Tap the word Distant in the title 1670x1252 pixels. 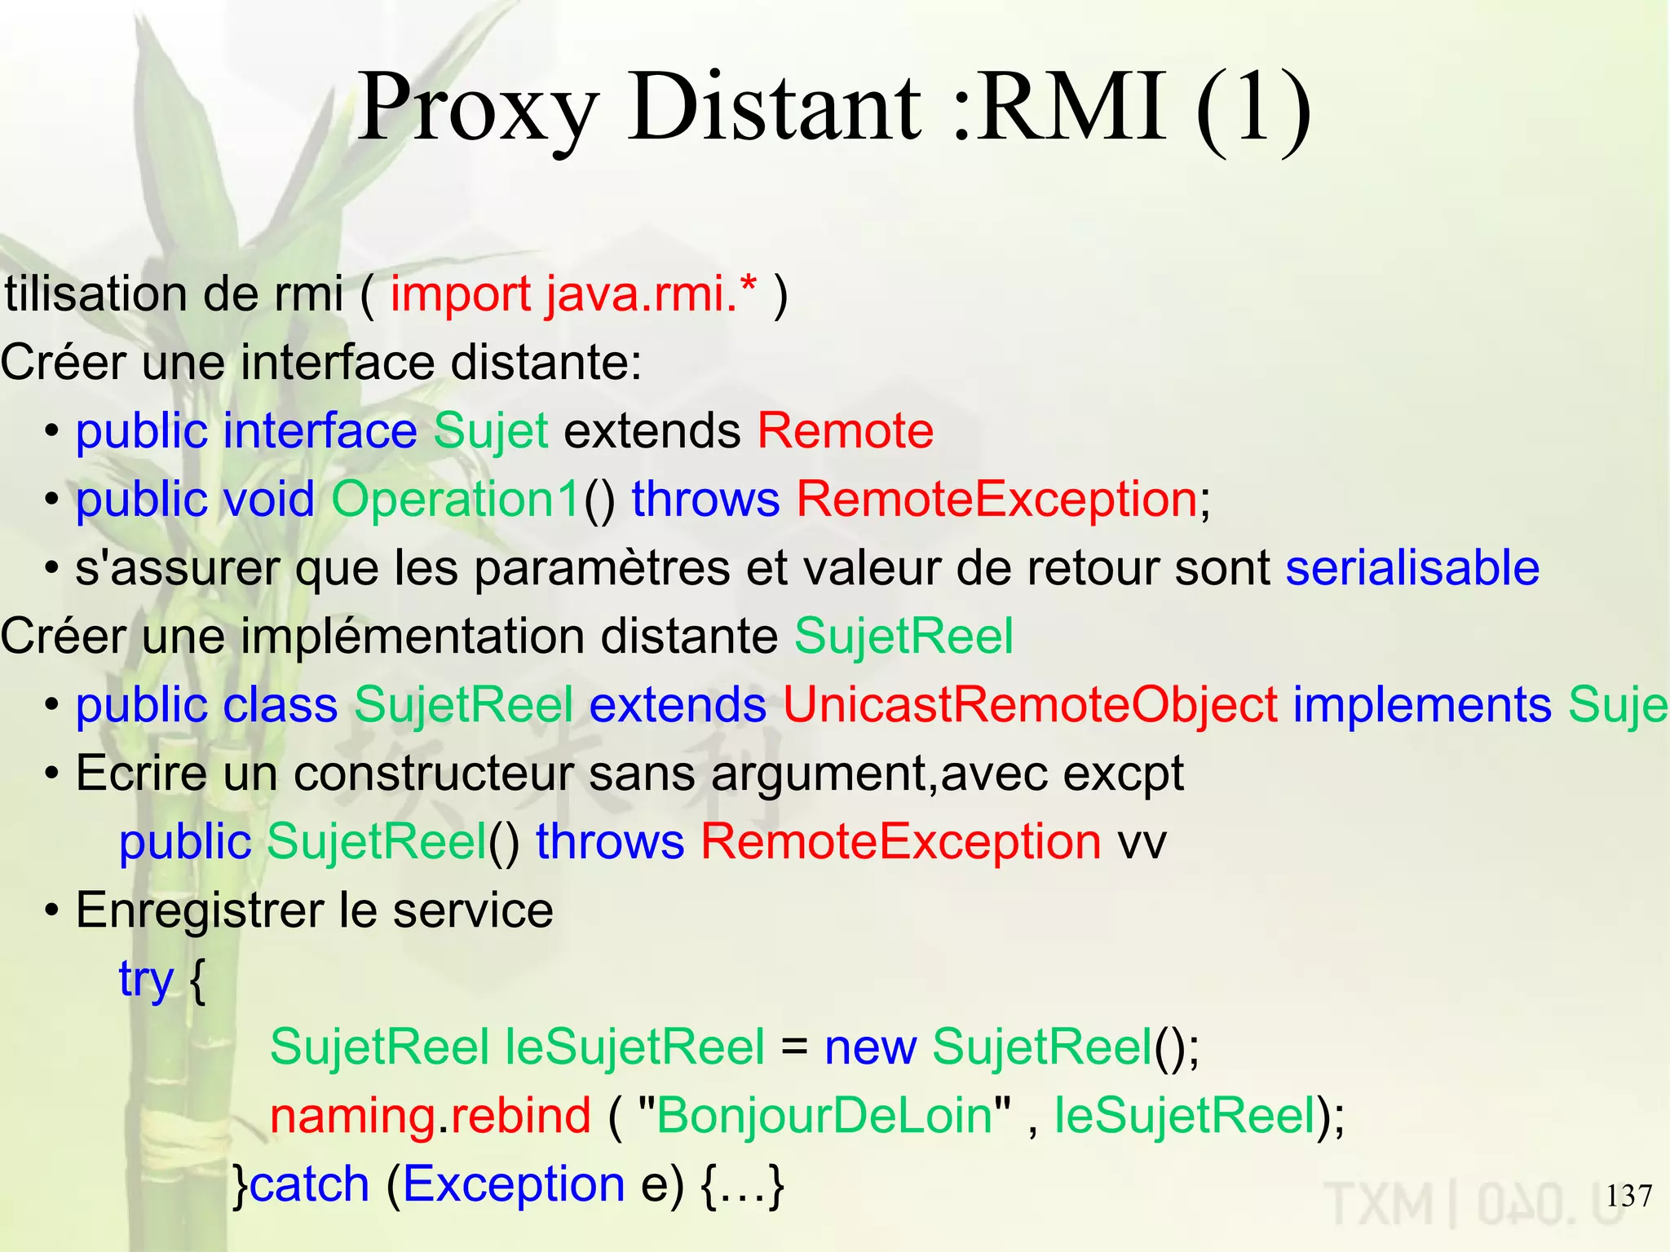(x=775, y=108)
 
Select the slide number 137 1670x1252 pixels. (x=1628, y=1196)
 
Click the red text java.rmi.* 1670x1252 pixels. (x=651, y=293)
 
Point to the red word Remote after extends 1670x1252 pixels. (x=846, y=430)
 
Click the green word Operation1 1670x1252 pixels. (x=457, y=499)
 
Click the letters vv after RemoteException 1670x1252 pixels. (x=1142, y=841)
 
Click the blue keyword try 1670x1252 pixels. (x=146, y=978)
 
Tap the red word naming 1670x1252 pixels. (x=352, y=1115)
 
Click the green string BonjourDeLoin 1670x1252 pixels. (x=824, y=1115)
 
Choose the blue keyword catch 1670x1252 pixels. (x=310, y=1184)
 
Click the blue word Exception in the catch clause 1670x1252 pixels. (x=514, y=1184)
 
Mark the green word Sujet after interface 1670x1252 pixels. (x=490, y=430)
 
